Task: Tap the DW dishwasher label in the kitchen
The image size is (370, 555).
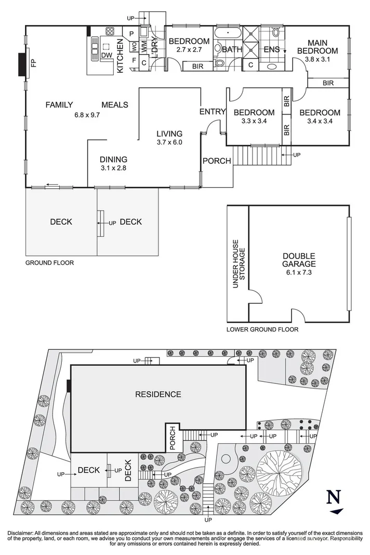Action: tap(107, 55)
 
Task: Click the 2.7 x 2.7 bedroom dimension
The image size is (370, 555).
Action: tap(188, 51)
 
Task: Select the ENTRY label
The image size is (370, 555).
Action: tap(212, 111)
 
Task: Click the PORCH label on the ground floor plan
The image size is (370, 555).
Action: tap(216, 161)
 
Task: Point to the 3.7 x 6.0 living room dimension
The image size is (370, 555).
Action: tap(170, 142)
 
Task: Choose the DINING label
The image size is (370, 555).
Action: tap(113, 160)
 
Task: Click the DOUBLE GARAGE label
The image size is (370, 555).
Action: tap(299, 260)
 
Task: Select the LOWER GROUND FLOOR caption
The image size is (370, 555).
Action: tap(262, 329)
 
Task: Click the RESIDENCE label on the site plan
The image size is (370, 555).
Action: tap(158, 394)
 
